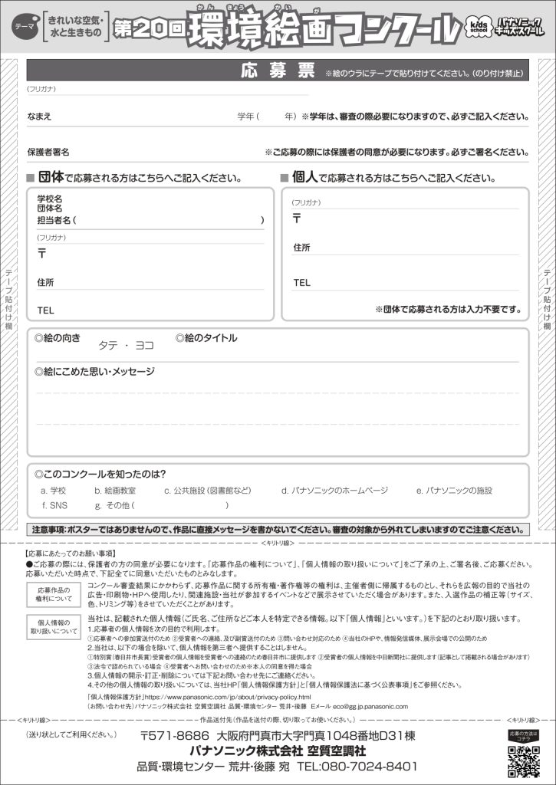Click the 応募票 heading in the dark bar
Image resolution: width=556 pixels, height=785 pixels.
coord(278,71)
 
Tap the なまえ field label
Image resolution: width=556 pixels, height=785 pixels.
coord(40,117)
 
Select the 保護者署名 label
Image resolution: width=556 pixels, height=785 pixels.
coord(48,152)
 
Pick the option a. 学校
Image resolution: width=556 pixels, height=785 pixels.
coord(53,490)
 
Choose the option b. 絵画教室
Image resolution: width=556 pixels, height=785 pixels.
coord(115,490)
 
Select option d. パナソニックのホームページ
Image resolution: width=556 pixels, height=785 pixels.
coord(334,490)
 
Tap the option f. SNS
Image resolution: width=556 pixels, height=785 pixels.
coord(54,505)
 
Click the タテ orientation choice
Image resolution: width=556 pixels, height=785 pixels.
coord(107,346)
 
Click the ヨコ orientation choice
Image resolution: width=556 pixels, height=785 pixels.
coord(144,346)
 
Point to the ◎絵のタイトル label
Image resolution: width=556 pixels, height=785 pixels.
coord(206,337)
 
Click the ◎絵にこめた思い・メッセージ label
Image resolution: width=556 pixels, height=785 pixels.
coord(94,372)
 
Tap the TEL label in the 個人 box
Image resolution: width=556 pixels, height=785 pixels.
coord(301,282)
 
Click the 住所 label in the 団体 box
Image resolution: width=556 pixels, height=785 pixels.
coord(46,282)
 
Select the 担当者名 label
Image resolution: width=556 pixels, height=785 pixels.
coord(57,220)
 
